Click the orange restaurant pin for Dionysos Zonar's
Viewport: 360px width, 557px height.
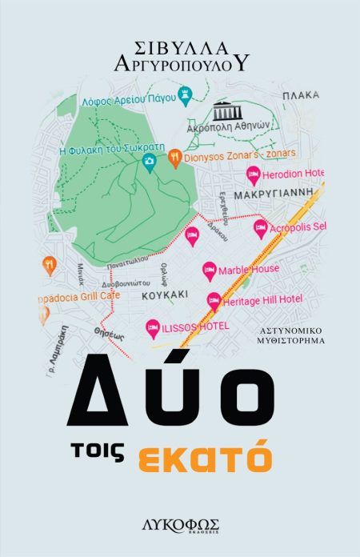click(174, 158)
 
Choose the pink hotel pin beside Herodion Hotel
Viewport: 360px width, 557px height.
click(253, 173)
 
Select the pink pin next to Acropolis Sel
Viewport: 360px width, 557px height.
click(259, 228)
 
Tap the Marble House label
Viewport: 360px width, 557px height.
click(249, 269)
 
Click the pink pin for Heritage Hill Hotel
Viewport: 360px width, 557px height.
click(214, 300)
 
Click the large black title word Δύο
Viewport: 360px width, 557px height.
click(179, 386)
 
